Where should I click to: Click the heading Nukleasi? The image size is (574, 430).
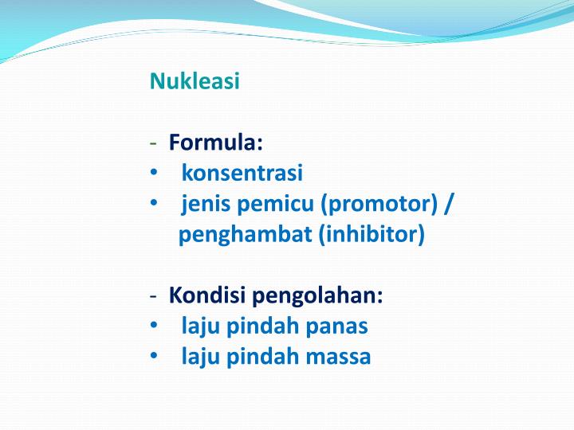(x=195, y=81)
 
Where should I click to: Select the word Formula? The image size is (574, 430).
(x=215, y=143)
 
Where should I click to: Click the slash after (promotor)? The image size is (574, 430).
(x=450, y=205)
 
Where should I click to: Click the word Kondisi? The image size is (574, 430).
(x=208, y=296)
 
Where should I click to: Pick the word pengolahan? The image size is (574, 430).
(x=318, y=296)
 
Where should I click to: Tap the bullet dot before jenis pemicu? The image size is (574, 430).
(x=153, y=205)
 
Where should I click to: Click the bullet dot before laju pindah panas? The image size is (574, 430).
(x=153, y=326)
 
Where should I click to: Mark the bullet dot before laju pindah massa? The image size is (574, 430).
(x=153, y=357)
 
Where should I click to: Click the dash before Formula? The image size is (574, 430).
(x=153, y=144)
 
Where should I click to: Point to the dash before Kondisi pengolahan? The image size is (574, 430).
(x=153, y=297)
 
